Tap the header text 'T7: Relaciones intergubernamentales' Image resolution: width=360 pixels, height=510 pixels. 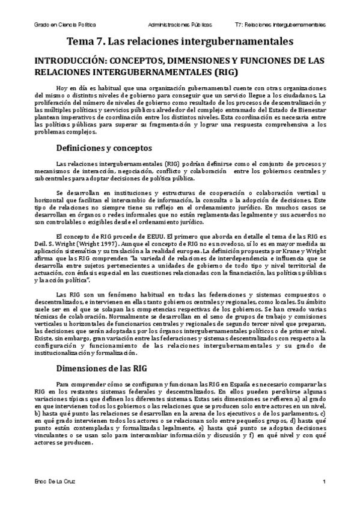[279, 26]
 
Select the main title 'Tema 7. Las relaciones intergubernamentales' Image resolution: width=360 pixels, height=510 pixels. [180, 41]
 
